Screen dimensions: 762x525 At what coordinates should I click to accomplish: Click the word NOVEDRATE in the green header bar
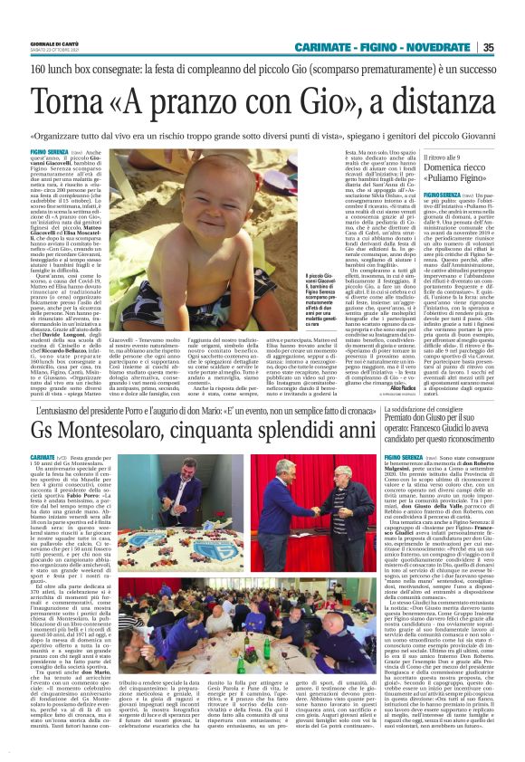[x=443, y=48]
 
